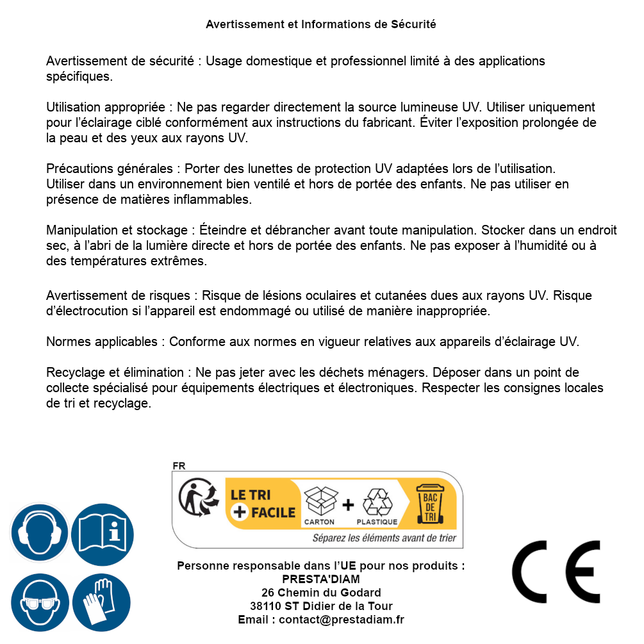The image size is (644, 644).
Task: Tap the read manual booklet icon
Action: pos(103,533)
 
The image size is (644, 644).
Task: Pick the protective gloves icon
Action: pos(101,602)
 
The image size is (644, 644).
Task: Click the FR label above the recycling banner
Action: pos(179,466)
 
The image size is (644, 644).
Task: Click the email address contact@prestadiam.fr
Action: pos(342,620)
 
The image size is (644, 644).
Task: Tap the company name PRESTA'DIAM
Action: pos(321,579)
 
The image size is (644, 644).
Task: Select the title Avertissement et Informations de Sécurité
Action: pos(321,24)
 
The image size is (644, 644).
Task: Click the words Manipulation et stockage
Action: pos(119,230)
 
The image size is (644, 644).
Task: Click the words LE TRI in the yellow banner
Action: pos(251,495)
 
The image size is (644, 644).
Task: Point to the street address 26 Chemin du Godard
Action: pos(321,593)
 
